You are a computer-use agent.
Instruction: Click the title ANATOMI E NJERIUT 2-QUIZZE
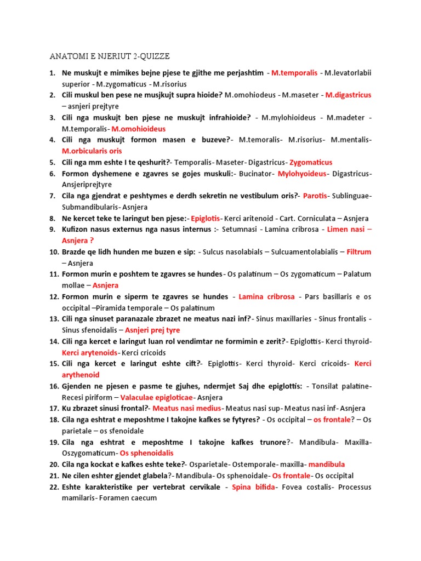110,56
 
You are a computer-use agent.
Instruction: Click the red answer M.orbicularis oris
92,151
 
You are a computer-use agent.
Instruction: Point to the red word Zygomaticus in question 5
311,162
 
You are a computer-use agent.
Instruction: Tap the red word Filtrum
359,252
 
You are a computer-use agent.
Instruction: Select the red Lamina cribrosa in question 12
266,296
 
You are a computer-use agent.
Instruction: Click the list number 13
54,319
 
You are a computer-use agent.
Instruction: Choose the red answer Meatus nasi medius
187,408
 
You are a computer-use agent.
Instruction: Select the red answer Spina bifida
253,487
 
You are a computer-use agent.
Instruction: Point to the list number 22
54,487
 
